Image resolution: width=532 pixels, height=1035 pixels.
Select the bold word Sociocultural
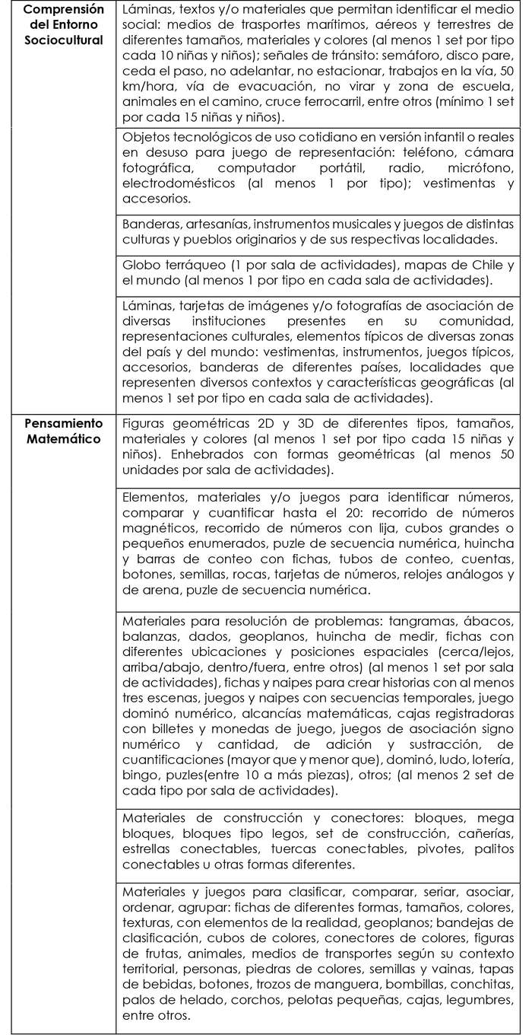click(x=62, y=40)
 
